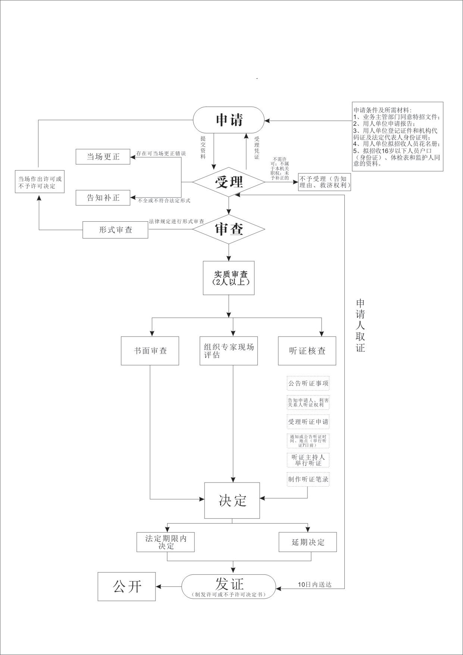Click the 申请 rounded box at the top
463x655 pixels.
[229, 120]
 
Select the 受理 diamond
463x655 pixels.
[229, 182]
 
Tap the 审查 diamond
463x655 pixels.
[229, 229]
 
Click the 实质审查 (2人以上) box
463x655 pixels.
[229, 278]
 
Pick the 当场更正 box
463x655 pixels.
[103, 156]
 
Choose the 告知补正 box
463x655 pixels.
[103, 197]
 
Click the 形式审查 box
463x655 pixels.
[115, 230]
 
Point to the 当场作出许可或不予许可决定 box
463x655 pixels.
[40, 182]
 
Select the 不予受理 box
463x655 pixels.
[324, 182]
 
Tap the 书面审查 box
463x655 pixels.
[150, 351]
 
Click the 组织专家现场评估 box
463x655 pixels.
[229, 351]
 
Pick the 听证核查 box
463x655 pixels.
[307, 351]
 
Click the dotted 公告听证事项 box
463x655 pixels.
[308, 383]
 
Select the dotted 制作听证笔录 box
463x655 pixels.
[308, 479]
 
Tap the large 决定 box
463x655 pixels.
[232, 500]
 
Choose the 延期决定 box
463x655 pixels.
[308, 542]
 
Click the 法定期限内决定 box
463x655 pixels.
[166, 542]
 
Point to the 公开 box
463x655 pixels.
[126, 586]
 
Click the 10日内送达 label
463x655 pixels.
[315, 584]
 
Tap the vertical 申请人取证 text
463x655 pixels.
[360, 325]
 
